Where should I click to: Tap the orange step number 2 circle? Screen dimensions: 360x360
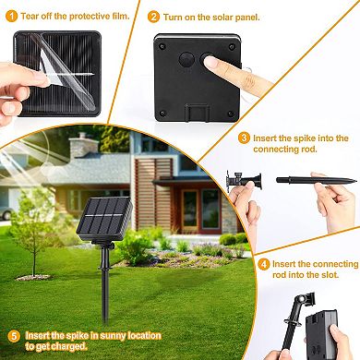153,17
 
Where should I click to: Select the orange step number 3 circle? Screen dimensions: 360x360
244,138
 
